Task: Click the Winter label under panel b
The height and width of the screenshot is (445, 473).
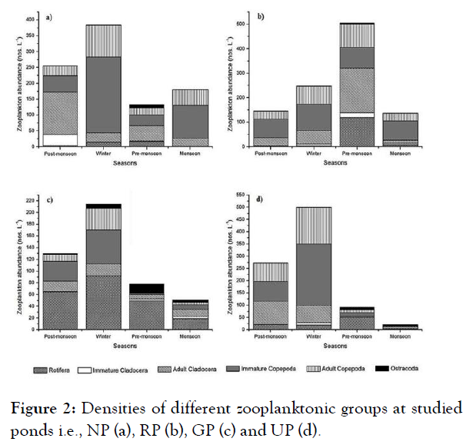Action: (x=314, y=153)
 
